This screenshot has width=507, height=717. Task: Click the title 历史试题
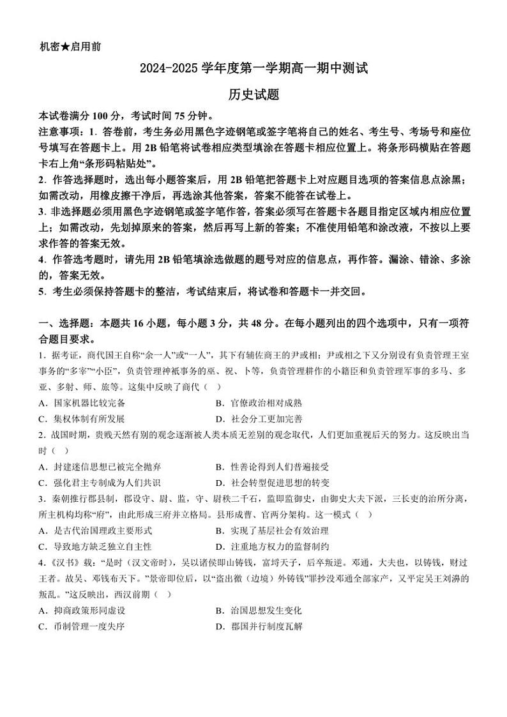pyautogui.click(x=254, y=94)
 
